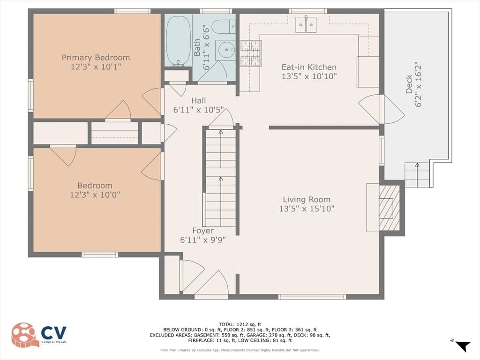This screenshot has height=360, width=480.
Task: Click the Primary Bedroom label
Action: [96, 58]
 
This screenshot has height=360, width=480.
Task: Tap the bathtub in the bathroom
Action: [179, 40]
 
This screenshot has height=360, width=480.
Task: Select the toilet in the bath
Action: [224, 27]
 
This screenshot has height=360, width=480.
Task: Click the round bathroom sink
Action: [225, 50]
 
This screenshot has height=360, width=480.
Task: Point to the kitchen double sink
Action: [306, 24]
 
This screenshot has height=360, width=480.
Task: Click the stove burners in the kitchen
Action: [250, 53]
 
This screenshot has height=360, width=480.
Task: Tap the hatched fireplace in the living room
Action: [389, 208]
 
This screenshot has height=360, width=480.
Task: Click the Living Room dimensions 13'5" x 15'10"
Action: [307, 209]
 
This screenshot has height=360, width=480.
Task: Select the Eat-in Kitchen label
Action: [309, 67]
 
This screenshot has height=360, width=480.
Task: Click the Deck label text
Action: [409, 84]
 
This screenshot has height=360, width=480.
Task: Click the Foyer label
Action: [203, 231]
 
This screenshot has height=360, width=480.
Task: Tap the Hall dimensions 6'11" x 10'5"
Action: [199, 110]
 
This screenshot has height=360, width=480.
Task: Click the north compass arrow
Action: [462, 346]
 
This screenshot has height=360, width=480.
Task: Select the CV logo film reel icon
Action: [25, 335]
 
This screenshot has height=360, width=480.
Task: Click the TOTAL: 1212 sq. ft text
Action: [240, 324]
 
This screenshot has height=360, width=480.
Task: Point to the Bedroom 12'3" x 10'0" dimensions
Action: [95, 195]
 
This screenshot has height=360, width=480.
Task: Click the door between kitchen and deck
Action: [382, 109]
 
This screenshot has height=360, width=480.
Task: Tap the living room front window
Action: [312, 297]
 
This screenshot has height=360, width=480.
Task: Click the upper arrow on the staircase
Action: [221, 149]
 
